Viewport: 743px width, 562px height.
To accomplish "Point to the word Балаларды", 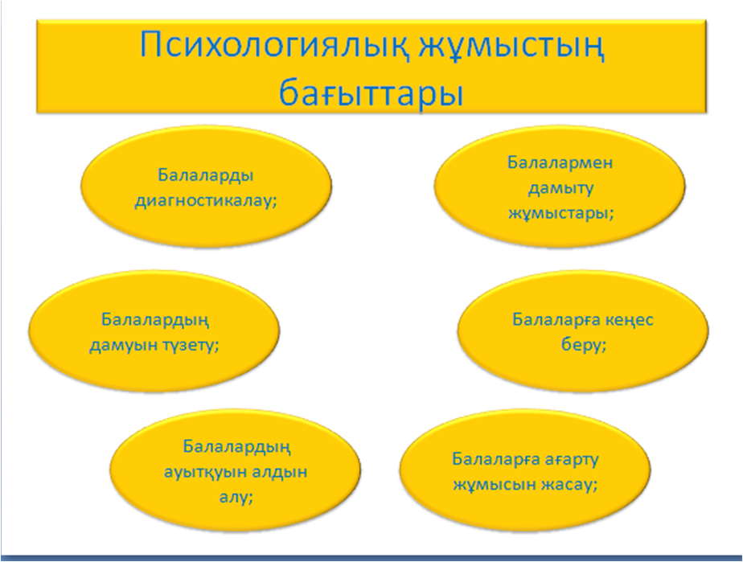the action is click(x=206, y=176).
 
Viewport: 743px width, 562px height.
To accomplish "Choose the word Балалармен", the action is click(x=560, y=162).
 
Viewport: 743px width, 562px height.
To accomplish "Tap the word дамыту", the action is click(x=560, y=188).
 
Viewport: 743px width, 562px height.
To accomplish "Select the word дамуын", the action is click(x=123, y=346).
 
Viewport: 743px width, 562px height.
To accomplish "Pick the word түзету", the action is click(x=189, y=346).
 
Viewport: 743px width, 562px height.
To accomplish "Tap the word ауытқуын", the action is click(x=203, y=473).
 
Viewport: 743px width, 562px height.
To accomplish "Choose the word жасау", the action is click(x=566, y=486).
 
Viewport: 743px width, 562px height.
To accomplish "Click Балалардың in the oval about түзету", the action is click(x=155, y=321).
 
